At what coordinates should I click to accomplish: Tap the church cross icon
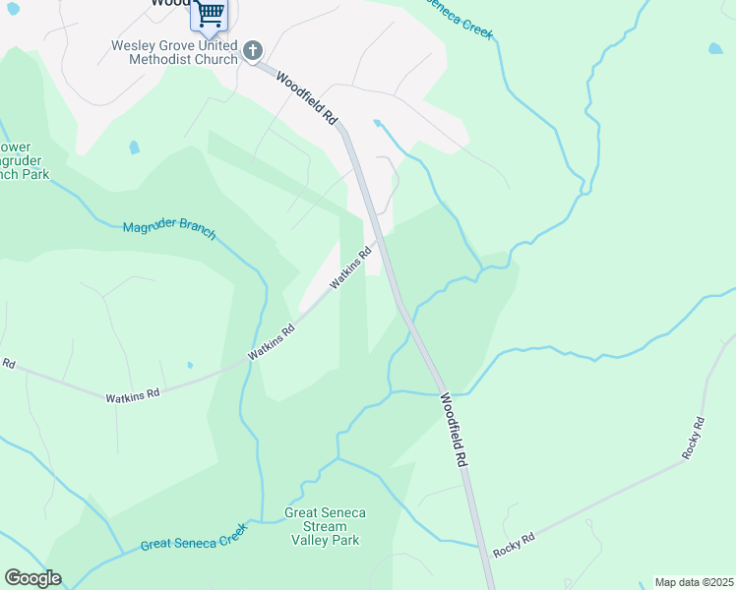[x=253, y=50]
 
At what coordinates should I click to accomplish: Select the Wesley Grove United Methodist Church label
[x=175, y=52]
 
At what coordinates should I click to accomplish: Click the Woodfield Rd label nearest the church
[x=308, y=98]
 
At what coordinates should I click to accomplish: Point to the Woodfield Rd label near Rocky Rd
[x=452, y=430]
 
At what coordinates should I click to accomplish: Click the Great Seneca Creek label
[x=194, y=537]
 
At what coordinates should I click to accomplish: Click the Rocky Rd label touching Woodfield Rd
[x=514, y=544]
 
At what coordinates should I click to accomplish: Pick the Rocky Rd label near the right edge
[x=694, y=439]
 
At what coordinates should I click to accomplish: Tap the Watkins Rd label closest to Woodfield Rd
[x=350, y=267]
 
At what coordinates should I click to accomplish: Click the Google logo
[x=32, y=578]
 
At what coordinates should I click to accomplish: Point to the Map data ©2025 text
[x=694, y=581]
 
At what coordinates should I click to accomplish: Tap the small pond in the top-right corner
[x=714, y=47]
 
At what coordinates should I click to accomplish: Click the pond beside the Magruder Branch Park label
[x=134, y=147]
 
